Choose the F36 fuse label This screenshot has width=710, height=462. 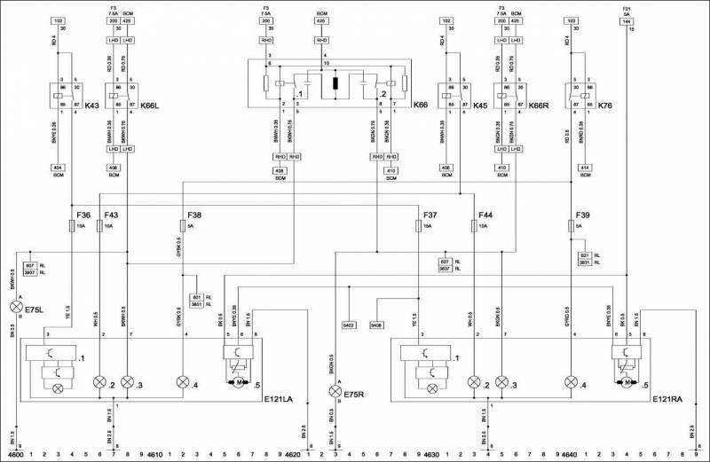click(x=83, y=215)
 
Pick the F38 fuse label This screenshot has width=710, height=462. click(x=194, y=215)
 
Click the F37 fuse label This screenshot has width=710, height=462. click(x=430, y=215)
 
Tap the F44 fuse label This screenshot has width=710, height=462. click(x=485, y=215)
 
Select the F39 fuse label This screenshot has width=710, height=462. click(x=582, y=215)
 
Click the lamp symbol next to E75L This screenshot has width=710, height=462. click(x=15, y=308)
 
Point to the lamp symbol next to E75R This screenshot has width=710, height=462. click(x=335, y=391)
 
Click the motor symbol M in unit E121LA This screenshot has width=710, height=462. click(x=239, y=382)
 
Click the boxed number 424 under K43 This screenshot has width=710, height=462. click(x=59, y=166)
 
